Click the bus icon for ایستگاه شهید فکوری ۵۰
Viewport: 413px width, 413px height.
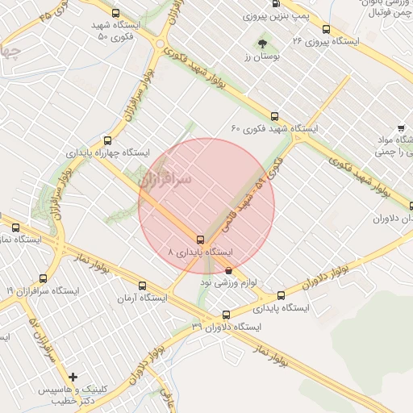coord(116,14)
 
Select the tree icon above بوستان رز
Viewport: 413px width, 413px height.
coord(261,43)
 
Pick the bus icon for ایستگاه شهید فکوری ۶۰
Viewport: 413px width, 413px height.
coord(274,116)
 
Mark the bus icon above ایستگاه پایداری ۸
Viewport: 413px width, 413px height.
coord(200,239)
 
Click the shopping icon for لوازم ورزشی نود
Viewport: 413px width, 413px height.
coord(228,270)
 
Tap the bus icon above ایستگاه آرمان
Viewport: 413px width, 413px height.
coord(143,286)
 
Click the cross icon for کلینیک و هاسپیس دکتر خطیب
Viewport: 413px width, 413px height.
coord(73,376)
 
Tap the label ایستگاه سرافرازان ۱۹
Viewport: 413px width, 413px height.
coord(31,290)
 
